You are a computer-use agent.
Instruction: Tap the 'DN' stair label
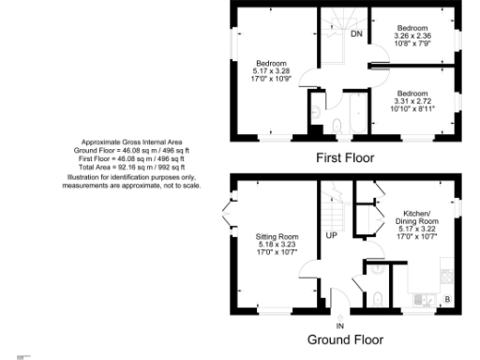point(356,35)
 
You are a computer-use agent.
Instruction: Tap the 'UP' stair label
point(331,235)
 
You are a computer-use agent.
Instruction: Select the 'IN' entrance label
point(340,324)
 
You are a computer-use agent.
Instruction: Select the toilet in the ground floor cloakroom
point(377,297)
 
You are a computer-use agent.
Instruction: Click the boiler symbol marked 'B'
point(446,299)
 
